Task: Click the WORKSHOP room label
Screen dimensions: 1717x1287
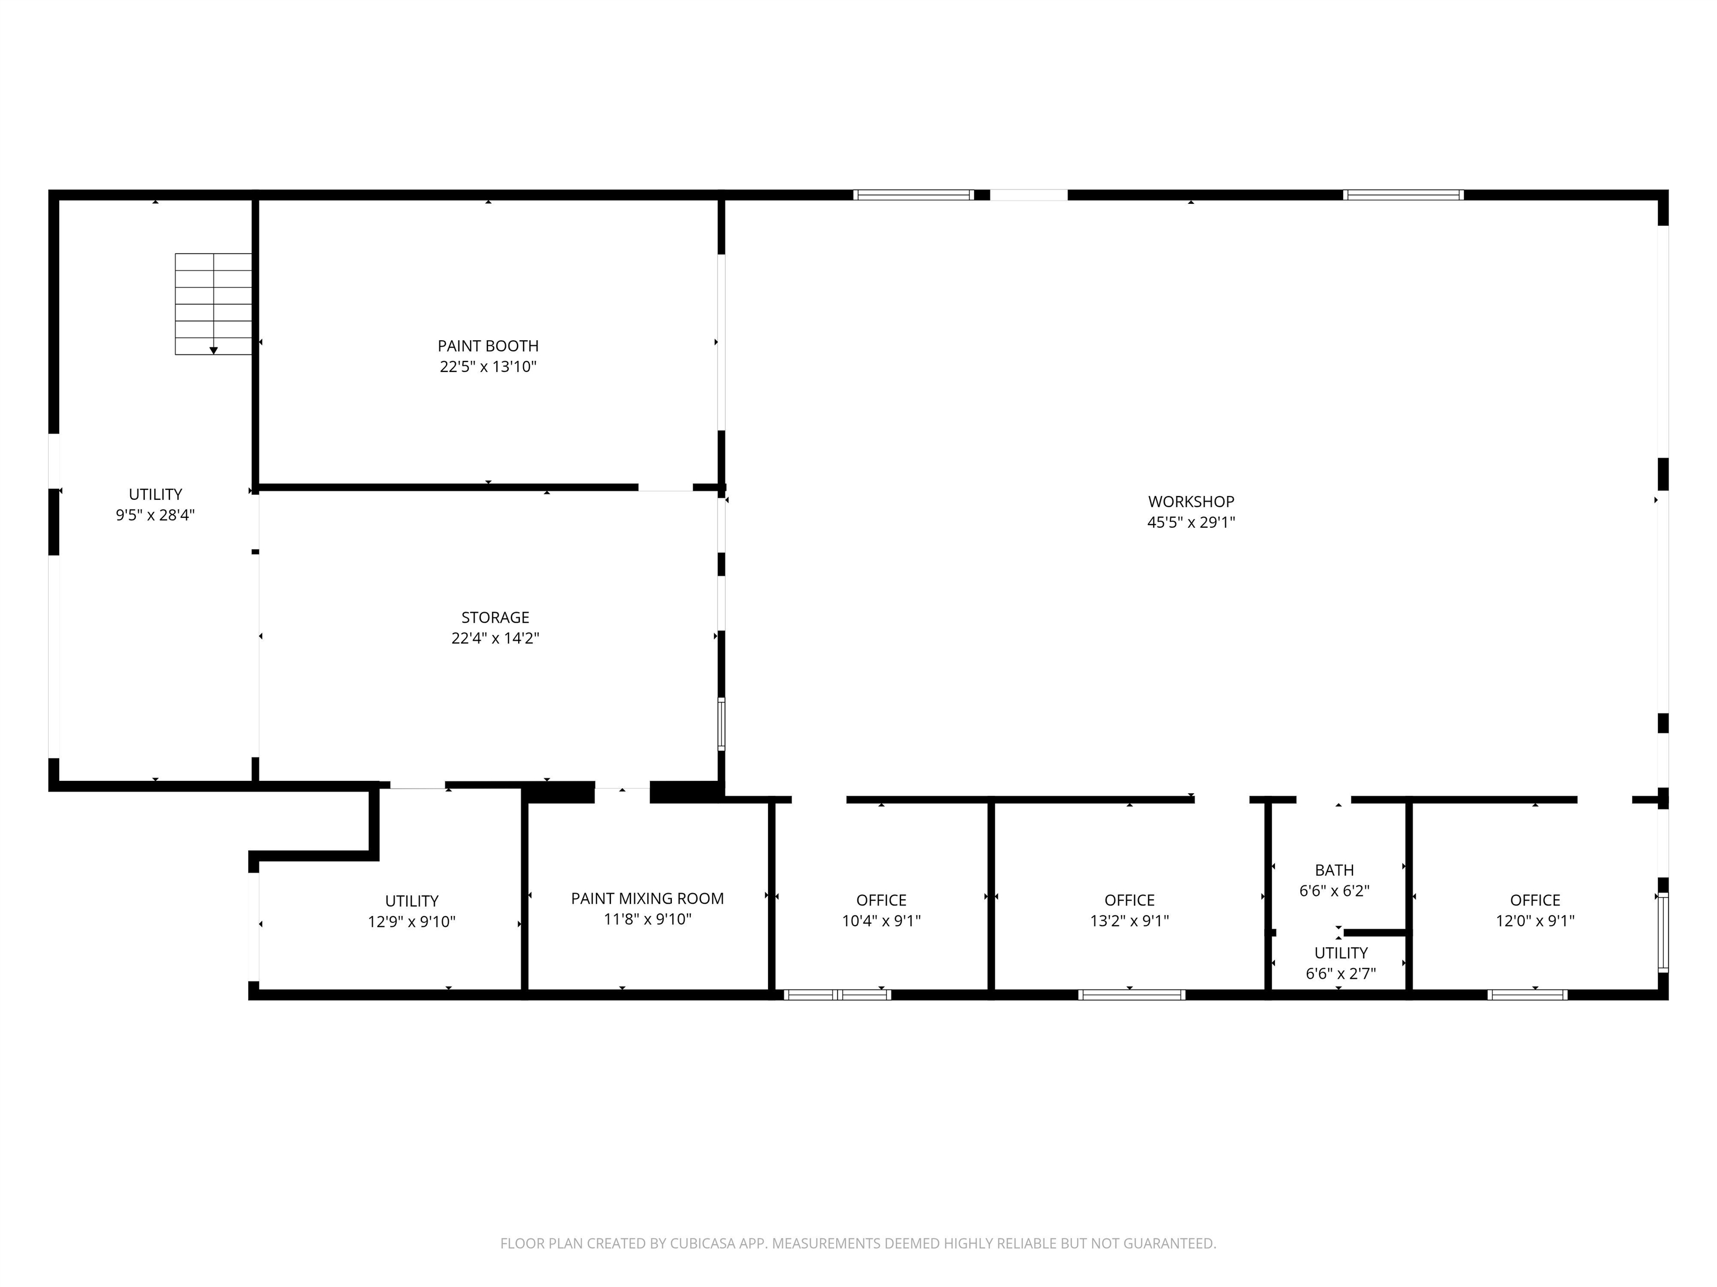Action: [1190, 502]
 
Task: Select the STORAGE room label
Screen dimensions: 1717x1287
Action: [495, 617]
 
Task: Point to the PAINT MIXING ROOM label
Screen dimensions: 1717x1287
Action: [647, 898]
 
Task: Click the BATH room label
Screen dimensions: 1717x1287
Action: [1334, 870]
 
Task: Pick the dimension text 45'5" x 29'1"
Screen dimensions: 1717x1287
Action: [1190, 523]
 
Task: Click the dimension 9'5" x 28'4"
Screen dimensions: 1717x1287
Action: [155, 515]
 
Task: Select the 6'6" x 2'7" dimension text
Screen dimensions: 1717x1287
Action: [1340, 974]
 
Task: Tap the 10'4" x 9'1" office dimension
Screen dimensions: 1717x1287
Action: [881, 921]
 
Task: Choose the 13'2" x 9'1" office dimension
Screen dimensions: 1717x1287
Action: [1130, 921]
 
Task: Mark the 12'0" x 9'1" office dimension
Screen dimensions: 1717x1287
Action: [1535, 921]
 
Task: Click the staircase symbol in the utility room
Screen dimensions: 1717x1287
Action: [214, 304]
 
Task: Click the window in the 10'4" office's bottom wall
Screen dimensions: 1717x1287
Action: [837, 994]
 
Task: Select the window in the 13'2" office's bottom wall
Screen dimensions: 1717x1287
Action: [1132, 994]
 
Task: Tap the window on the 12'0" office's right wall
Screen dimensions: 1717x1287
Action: [1663, 932]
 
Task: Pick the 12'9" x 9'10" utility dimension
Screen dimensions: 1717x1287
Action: [411, 922]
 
